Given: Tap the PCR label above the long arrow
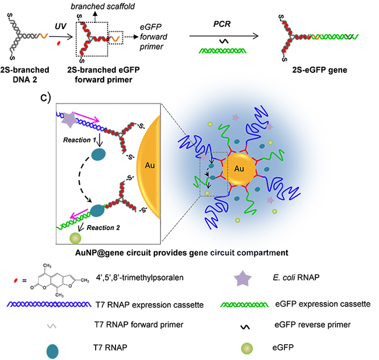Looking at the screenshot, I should [214, 24].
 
